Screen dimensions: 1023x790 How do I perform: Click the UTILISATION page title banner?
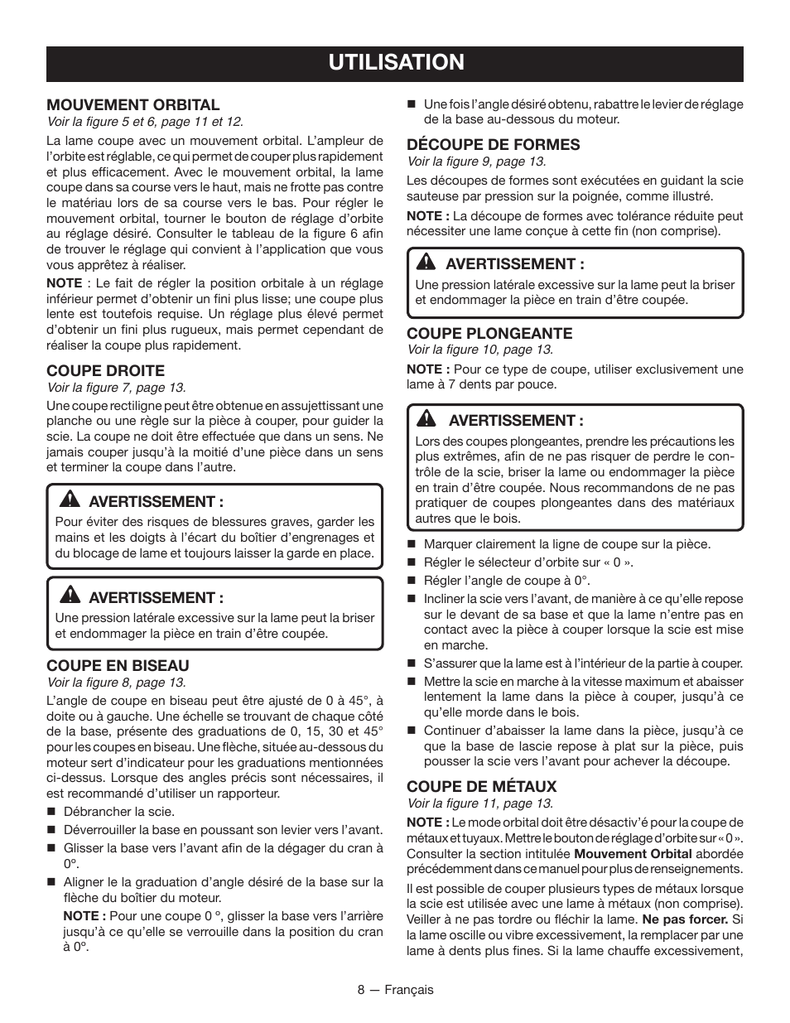point(394,63)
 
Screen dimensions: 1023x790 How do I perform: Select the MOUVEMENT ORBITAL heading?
point(133,105)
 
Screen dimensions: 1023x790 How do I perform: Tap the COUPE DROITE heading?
point(105,370)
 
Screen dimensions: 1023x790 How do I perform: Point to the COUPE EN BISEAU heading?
point(118,665)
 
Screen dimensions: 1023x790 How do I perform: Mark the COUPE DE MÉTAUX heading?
point(481,786)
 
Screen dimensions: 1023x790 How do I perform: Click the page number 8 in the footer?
point(361,990)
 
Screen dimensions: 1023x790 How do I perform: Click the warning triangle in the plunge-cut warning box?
point(426,420)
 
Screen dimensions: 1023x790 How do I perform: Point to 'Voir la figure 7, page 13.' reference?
point(116,387)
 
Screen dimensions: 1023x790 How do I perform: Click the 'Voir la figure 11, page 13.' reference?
point(479,803)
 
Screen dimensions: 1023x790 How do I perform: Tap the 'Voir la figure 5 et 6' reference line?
point(145,122)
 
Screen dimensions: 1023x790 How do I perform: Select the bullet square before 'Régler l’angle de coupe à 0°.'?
point(411,581)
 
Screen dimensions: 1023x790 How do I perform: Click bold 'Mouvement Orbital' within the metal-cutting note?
point(633,853)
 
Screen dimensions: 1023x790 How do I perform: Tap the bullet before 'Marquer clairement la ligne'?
point(411,544)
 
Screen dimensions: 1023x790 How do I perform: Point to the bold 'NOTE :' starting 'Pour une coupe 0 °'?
point(84,915)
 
